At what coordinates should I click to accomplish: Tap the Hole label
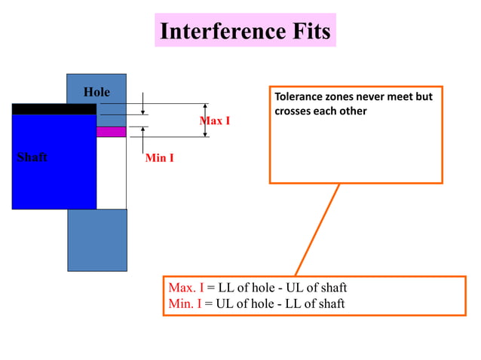point(97,92)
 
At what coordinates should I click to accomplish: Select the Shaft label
point(32,157)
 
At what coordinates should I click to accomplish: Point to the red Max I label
point(215,121)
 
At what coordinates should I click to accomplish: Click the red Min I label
point(160,158)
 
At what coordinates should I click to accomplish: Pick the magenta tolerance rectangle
point(111,131)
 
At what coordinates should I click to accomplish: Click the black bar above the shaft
point(54,108)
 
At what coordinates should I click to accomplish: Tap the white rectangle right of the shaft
point(111,172)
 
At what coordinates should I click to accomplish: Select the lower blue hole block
point(97,239)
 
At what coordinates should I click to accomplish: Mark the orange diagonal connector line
point(317,230)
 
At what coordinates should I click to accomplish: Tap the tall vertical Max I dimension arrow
point(206,121)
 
